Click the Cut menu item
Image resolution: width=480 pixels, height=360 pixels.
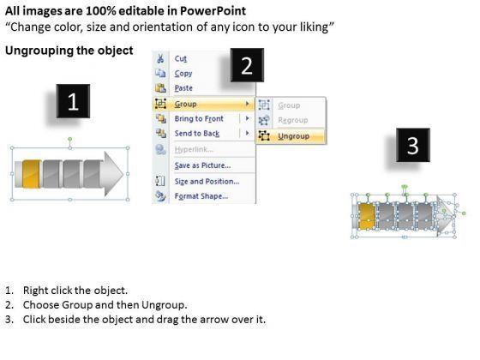[180, 58]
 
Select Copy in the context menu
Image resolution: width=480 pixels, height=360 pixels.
[183, 74]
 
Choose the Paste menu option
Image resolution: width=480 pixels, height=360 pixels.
[183, 88]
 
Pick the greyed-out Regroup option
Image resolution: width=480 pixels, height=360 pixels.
[292, 120]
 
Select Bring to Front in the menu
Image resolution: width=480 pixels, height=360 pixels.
[199, 119]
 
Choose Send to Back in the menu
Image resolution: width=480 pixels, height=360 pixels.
[197, 134]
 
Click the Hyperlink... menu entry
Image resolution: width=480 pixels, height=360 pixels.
[194, 149]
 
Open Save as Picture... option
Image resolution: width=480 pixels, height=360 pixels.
[202, 165]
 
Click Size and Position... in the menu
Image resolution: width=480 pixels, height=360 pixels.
[207, 182]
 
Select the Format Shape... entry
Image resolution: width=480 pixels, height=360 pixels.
[201, 196]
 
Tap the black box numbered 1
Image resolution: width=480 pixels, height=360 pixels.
[73, 101]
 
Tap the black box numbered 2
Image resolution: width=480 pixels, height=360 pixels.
[247, 65]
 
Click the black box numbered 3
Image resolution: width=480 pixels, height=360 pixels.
[413, 145]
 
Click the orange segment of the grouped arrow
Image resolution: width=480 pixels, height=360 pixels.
[32, 174]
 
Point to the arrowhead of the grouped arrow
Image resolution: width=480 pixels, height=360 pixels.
[113, 174]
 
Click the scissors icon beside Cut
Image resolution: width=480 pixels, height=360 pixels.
[160, 58]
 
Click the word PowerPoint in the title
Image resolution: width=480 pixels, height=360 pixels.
[213, 11]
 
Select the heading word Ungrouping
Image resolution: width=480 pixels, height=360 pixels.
[39, 51]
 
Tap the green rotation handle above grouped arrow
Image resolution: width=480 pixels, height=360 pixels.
[70, 139]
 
